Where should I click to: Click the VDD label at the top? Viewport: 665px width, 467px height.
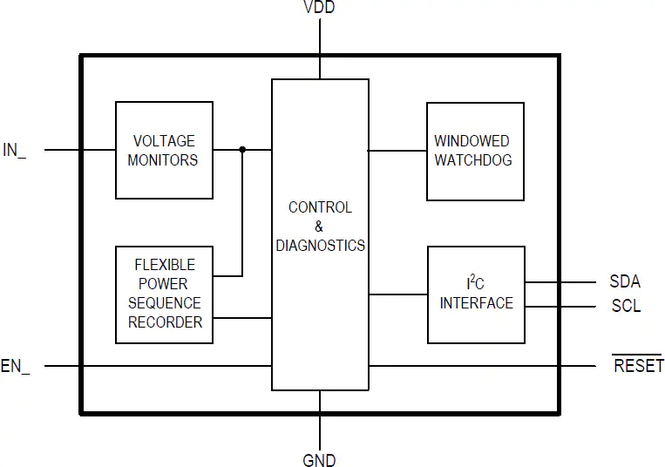pyautogui.click(x=319, y=7)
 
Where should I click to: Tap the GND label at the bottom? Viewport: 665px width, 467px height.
pyautogui.click(x=319, y=460)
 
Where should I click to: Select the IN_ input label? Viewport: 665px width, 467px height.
pyautogui.click(x=15, y=150)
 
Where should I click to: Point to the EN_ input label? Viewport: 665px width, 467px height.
pyautogui.click(x=16, y=366)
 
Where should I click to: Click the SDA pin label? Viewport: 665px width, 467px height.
pyautogui.click(x=625, y=281)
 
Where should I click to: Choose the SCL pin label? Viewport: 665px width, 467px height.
pyautogui.click(x=626, y=306)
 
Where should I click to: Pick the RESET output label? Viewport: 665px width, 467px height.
pyautogui.click(x=638, y=364)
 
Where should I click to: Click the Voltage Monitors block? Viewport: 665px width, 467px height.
pyautogui.click(x=164, y=150)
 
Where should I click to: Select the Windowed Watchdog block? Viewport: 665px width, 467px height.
pyautogui.click(x=475, y=152)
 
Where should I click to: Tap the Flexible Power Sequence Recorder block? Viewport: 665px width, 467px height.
pyautogui.click(x=164, y=294)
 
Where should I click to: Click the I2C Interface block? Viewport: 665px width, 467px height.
pyautogui.click(x=476, y=294)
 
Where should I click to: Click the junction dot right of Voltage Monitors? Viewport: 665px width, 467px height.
pyautogui.click(x=242, y=150)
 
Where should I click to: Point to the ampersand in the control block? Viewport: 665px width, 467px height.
pyautogui.click(x=319, y=227)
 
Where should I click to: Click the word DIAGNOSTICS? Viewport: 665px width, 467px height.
pyautogui.click(x=320, y=246)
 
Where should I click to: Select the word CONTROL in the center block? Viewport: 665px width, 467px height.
pyautogui.click(x=320, y=207)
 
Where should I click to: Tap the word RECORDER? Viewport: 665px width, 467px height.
pyautogui.click(x=165, y=322)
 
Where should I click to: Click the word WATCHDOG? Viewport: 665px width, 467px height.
pyautogui.click(x=473, y=159)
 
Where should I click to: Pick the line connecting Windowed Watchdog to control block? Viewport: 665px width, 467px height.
pyautogui.click(x=397, y=151)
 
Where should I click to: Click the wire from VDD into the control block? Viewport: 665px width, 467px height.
pyautogui.click(x=320, y=49)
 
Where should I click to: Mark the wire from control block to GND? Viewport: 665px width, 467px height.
pyautogui.click(x=320, y=421)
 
